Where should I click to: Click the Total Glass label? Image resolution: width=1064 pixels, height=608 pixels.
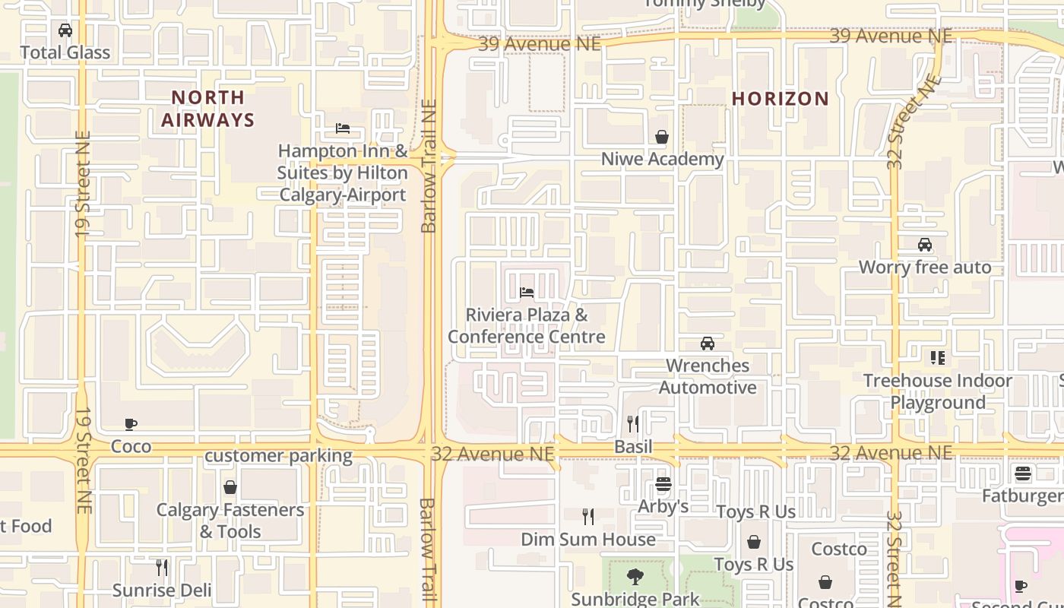65,52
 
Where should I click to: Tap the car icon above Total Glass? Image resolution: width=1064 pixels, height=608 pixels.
65,30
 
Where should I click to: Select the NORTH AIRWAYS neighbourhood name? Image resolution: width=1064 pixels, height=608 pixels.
207,109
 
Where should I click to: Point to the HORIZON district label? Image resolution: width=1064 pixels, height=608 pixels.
780,99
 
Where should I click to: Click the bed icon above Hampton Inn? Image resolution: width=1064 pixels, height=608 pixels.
343,128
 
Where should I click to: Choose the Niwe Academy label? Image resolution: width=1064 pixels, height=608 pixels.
662,159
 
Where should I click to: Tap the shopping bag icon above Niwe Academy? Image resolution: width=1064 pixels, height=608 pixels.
662,137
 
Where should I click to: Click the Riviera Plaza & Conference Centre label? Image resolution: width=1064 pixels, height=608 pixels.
527,325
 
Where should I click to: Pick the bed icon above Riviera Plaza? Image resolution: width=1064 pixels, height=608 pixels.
526,293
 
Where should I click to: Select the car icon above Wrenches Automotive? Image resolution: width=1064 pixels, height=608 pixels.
708,344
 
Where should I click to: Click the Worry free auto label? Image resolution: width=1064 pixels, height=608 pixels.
925,268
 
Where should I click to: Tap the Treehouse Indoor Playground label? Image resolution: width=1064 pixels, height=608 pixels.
938,391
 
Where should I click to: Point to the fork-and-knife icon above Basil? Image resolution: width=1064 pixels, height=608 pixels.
633,423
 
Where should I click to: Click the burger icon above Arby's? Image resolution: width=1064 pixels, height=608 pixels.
663,484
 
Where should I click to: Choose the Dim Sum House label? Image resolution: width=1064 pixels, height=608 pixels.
588,540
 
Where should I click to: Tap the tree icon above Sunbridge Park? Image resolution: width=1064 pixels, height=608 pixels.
635,577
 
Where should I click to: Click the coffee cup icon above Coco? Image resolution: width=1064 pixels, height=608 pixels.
131,424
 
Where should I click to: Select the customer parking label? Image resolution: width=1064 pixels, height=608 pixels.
278,456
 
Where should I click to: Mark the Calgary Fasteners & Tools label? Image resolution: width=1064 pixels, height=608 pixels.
230,521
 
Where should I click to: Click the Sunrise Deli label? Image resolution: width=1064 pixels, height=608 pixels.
162,591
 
